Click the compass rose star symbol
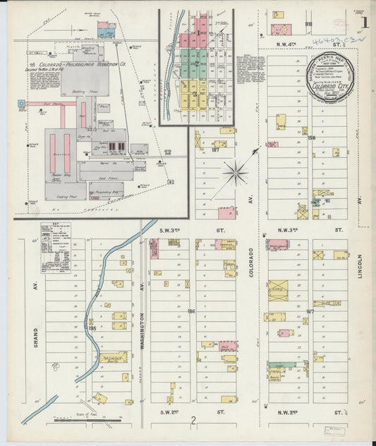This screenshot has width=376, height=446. tap(235, 171)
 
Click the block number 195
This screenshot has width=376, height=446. tap(92, 327)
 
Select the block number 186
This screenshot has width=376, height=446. tap(190, 310)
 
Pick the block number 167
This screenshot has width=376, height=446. tap(309, 311)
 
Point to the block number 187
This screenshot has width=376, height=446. tap(215, 150)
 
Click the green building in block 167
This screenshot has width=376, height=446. tap(280, 366)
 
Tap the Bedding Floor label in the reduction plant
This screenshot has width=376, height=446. tap(89, 92)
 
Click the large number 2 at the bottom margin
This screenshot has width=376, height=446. tap(192, 421)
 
